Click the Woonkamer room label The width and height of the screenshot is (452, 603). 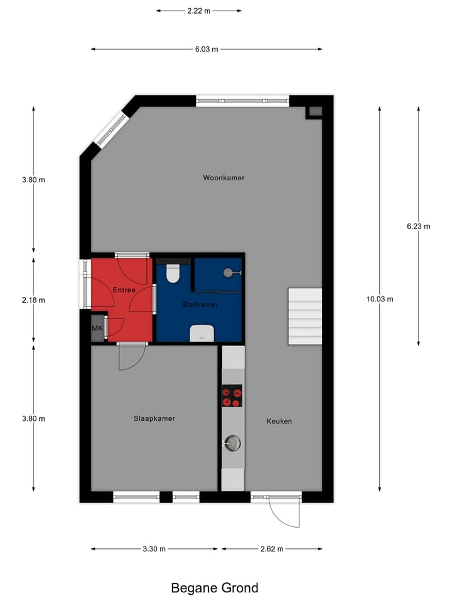coord(223,178)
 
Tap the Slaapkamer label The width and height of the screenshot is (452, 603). coord(154,418)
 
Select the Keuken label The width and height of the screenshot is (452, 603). coord(279,421)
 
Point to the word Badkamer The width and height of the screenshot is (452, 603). coord(200,305)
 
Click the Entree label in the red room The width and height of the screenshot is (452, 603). coord(124,290)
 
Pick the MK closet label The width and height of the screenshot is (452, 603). coord(97,329)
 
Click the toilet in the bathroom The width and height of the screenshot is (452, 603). coord(173,273)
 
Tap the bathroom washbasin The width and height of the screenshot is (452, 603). coord(202,333)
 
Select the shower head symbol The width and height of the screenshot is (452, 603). coord(229,273)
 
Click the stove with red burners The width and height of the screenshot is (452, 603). coord(232,396)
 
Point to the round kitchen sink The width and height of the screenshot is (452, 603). coord(232,443)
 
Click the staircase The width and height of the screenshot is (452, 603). coord(305,316)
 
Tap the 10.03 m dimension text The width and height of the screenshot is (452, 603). coord(380,299)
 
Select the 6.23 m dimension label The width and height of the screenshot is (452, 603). coord(419,227)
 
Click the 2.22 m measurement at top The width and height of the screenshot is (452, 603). coord(198,11)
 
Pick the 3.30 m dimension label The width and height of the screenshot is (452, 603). coord(154,549)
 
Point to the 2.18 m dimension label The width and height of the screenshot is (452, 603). coord(33,300)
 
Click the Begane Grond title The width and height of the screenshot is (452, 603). coord(215,588)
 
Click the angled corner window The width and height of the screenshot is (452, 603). coord(110,129)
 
